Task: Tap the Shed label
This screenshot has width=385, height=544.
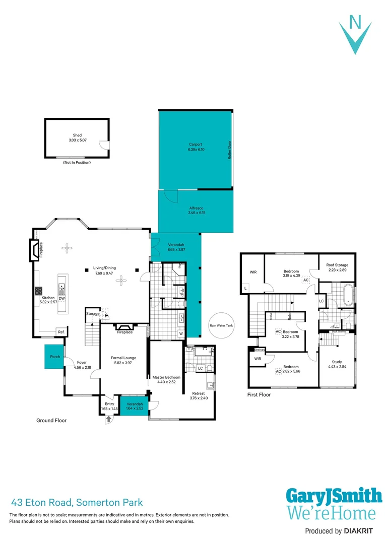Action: (77, 135)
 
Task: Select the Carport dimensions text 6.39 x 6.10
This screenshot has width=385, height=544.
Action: (196, 150)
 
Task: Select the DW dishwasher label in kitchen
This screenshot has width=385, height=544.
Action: (61, 298)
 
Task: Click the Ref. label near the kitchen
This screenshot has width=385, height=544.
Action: (61, 332)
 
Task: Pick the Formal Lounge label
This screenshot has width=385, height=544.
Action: (123, 358)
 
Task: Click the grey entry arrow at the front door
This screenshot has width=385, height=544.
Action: (108, 419)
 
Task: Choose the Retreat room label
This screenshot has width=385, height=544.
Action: (198, 393)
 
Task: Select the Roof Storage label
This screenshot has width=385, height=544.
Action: (337, 265)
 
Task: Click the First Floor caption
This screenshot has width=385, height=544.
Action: (259, 395)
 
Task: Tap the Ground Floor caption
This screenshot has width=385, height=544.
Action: (51, 420)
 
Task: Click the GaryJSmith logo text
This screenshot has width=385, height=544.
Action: (334, 496)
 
